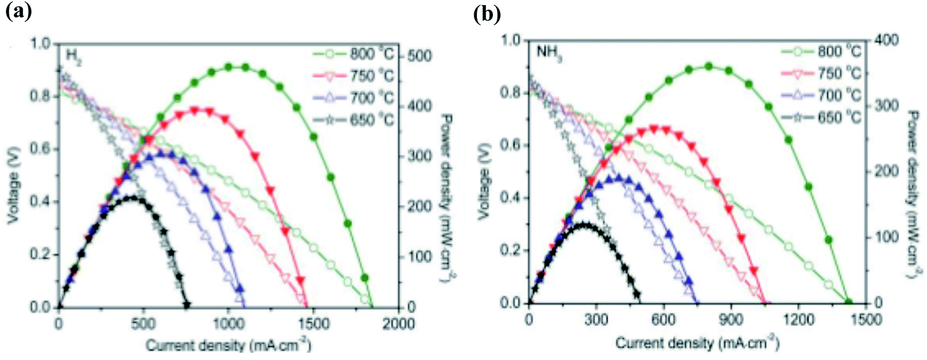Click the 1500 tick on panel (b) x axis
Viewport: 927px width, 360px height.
(x=867, y=319)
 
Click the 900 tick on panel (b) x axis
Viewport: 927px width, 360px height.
(x=731, y=319)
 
